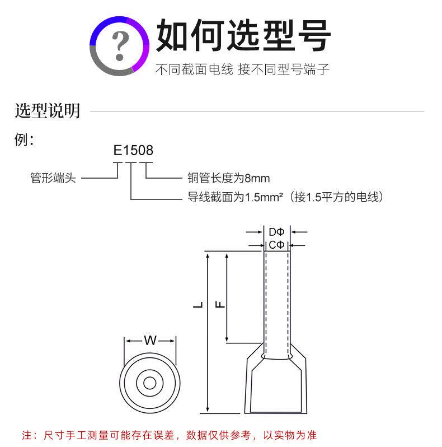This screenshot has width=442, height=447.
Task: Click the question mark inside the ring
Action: [x=120, y=45]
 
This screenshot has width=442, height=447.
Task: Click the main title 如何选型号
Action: [x=243, y=35]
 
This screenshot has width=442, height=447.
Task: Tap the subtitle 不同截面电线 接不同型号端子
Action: [x=242, y=69]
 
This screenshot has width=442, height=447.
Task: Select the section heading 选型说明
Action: [x=47, y=110]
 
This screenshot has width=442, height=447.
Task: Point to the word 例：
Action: [x=25, y=140]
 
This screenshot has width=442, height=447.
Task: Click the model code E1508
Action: [x=133, y=150]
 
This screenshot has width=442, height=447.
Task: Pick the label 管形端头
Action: [x=53, y=178]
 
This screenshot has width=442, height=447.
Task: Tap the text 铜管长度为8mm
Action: [x=228, y=178]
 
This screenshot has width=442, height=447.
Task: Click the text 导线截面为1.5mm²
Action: [x=235, y=197]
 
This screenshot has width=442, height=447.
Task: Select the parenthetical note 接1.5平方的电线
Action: [x=336, y=197]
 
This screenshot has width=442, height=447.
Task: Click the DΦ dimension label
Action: [x=276, y=232]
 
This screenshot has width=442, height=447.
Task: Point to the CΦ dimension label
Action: [x=276, y=245]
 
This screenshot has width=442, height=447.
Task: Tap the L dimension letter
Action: [x=198, y=305]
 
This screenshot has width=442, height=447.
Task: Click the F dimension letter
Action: [x=220, y=305]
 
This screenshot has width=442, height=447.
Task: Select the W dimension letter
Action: [x=150, y=341]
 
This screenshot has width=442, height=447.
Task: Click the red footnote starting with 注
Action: [x=169, y=435]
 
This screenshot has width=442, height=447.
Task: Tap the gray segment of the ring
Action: [x=105, y=65]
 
